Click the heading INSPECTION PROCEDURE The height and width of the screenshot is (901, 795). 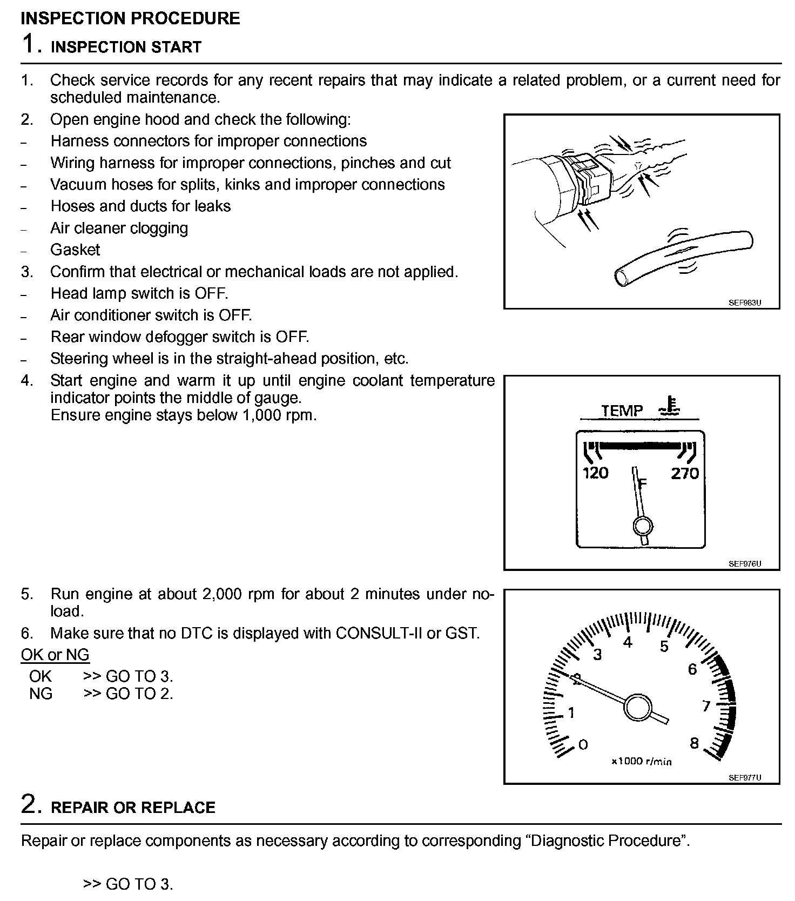pos(130,18)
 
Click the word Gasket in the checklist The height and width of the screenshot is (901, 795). pos(75,250)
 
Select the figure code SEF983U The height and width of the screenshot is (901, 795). pos(744,302)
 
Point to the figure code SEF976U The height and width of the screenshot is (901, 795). pos(744,564)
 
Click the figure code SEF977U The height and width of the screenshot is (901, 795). pos(744,777)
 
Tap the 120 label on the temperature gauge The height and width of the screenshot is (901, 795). pos(595,473)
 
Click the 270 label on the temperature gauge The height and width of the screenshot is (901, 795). pos(685,473)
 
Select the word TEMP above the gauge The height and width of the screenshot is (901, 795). pos(622,411)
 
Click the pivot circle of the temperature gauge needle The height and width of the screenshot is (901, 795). pos(642,526)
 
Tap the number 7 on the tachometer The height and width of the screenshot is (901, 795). pos(705,706)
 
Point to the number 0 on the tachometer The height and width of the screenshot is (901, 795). pos(583,744)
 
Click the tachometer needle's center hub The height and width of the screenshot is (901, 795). pos(638,707)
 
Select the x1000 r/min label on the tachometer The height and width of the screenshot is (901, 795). pos(641,761)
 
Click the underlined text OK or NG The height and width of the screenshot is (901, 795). pos(55,655)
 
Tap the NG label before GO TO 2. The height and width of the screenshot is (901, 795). pos(41,693)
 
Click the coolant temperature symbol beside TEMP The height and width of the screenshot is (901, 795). pos(670,407)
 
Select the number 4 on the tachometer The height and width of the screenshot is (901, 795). pos(628,643)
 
